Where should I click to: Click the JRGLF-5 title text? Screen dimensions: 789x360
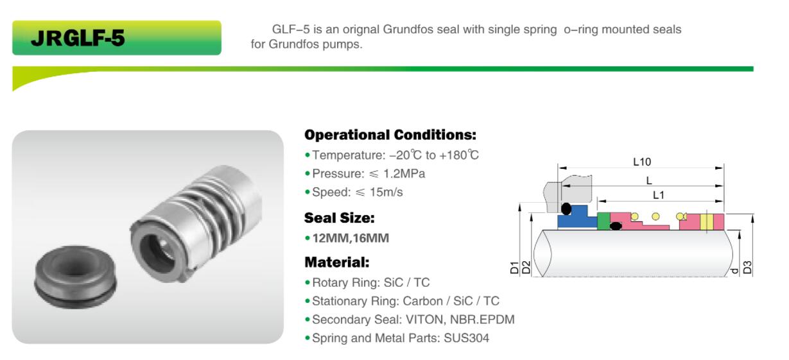click(78, 38)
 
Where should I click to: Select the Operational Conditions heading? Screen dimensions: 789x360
click(390, 135)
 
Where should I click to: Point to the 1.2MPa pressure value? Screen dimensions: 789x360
click(404, 174)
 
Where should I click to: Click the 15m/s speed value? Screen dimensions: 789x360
click(386, 193)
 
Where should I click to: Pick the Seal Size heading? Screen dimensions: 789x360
click(340, 218)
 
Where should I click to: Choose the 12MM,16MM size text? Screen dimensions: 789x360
click(351, 239)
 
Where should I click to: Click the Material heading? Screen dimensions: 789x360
click(337, 262)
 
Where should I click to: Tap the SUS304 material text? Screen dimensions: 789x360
click(466, 338)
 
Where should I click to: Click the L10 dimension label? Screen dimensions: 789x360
click(642, 162)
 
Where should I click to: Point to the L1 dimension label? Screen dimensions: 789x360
click(658, 195)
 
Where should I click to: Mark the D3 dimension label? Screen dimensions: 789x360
click(747, 268)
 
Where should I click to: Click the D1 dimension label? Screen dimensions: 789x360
click(515, 268)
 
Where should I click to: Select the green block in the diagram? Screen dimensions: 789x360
click(603, 221)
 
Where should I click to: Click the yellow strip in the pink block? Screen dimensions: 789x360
click(707, 221)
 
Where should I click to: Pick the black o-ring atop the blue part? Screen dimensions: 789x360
click(566, 209)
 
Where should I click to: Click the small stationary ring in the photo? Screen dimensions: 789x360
click(75, 277)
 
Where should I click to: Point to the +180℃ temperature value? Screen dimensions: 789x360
click(459, 155)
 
